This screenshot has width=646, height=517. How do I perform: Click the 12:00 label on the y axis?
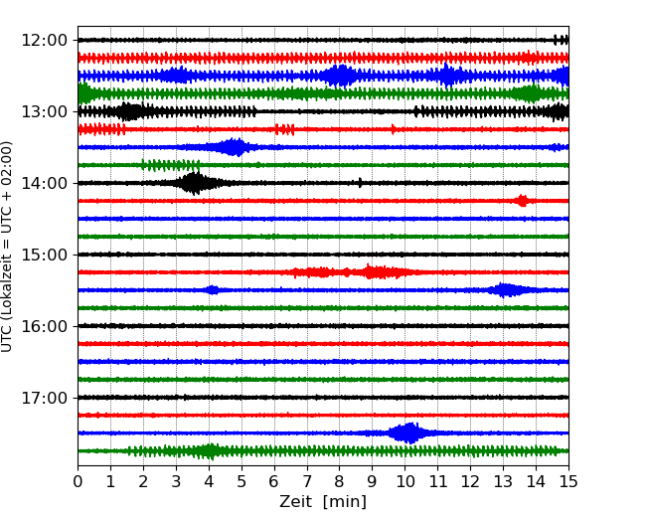(43, 40)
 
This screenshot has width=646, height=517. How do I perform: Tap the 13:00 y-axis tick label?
(43, 111)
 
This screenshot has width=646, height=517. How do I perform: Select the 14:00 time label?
(43, 183)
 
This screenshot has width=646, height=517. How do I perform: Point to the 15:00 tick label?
(43, 255)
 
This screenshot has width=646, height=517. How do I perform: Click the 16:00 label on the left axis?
(43, 326)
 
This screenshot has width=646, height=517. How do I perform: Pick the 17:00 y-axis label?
(43, 398)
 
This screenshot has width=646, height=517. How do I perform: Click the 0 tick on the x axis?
(78, 482)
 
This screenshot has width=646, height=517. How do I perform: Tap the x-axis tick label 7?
(307, 482)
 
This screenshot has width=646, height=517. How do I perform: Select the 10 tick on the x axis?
(404, 482)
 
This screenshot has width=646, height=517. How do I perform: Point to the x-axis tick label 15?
(568, 482)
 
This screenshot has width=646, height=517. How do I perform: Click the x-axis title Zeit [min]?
(323, 502)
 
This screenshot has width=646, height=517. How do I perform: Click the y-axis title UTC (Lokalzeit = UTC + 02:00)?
(8, 246)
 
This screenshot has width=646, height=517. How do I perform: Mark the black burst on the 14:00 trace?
(195, 183)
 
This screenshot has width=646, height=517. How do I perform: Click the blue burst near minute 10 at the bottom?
(407, 432)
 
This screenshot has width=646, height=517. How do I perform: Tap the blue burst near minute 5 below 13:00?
(234, 147)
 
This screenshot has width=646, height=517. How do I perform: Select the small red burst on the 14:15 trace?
(522, 201)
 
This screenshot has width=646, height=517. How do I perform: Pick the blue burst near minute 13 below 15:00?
(506, 290)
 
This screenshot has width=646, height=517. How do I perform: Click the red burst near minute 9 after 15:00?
(373, 271)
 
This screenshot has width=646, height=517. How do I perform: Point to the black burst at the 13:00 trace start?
(129, 111)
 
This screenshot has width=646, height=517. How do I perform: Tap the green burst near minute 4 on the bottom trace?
(208, 450)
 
